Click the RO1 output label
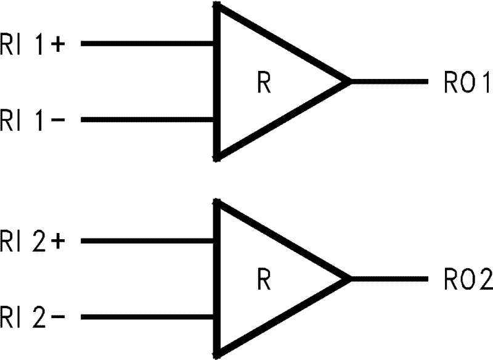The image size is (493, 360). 466,83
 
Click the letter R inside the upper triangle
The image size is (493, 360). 264,83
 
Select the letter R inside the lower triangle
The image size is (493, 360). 264,280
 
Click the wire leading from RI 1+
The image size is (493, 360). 148,44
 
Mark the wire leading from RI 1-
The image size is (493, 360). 148,119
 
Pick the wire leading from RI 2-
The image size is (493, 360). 148,317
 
